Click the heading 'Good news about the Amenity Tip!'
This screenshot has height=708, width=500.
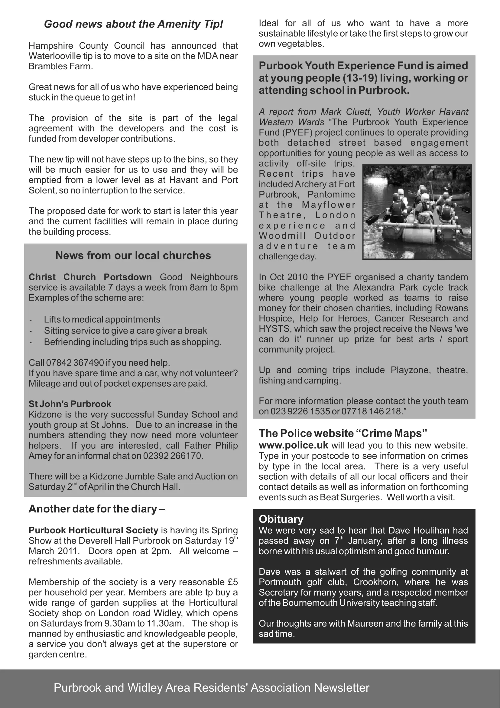tap(133, 24)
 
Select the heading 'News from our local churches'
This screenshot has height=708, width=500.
tap(133, 256)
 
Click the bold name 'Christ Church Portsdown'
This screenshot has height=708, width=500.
tap(90, 277)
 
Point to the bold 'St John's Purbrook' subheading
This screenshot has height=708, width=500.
tap(70, 404)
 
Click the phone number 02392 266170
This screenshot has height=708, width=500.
tap(172, 456)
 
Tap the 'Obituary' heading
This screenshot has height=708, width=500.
tap(281, 519)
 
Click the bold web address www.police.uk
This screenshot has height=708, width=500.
tap(294, 446)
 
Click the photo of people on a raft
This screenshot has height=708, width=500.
tap(417, 212)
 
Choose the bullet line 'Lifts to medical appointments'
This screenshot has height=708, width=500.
tap(102, 319)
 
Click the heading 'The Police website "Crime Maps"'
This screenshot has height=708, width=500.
tap(343, 433)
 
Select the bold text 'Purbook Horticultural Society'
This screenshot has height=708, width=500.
tap(93, 530)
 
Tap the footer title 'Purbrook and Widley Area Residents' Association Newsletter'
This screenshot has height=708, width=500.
tap(212, 688)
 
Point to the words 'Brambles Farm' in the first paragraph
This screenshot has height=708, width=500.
tap(60, 66)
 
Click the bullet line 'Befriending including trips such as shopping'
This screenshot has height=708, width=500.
tap(132, 342)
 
